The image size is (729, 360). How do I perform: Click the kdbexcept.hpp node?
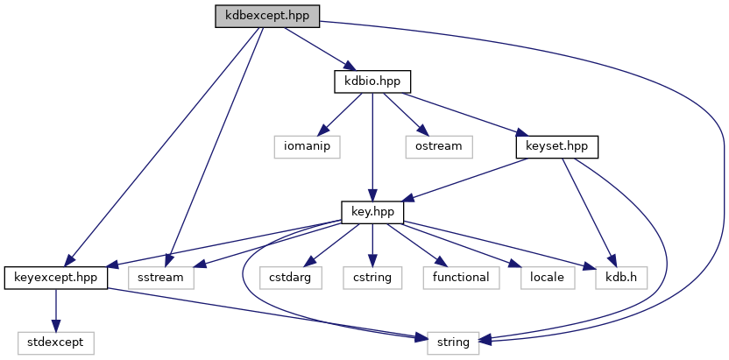click(267, 17)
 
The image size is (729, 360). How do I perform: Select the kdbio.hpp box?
click(372, 81)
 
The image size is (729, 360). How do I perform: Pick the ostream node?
click(438, 146)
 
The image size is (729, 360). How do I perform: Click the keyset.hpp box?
click(556, 146)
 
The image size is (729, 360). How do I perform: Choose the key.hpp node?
click(372, 211)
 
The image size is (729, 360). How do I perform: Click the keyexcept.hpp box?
click(56, 278)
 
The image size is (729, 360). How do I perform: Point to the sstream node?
click(163, 278)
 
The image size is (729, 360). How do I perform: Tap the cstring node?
click(373, 278)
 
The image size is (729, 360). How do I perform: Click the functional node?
click(461, 278)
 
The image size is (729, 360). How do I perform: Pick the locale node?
click(548, 278)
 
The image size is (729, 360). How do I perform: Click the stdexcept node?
click(56, 342)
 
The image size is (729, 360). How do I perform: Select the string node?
click(453, 342)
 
